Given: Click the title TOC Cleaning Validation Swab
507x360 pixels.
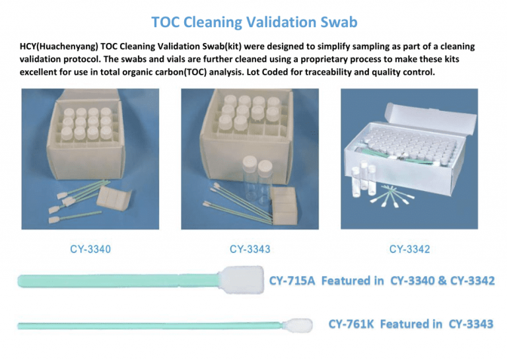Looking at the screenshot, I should tap(254, 22).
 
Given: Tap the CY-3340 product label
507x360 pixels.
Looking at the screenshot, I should tap(90, 249).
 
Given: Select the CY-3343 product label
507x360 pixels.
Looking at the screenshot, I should tap(250, 249).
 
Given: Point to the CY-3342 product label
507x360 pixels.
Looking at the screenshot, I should tap(410, 249).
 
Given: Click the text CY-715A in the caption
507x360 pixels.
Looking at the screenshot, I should tap(292, 281).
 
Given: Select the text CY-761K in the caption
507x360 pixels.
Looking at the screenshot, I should tap(352, 324).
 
